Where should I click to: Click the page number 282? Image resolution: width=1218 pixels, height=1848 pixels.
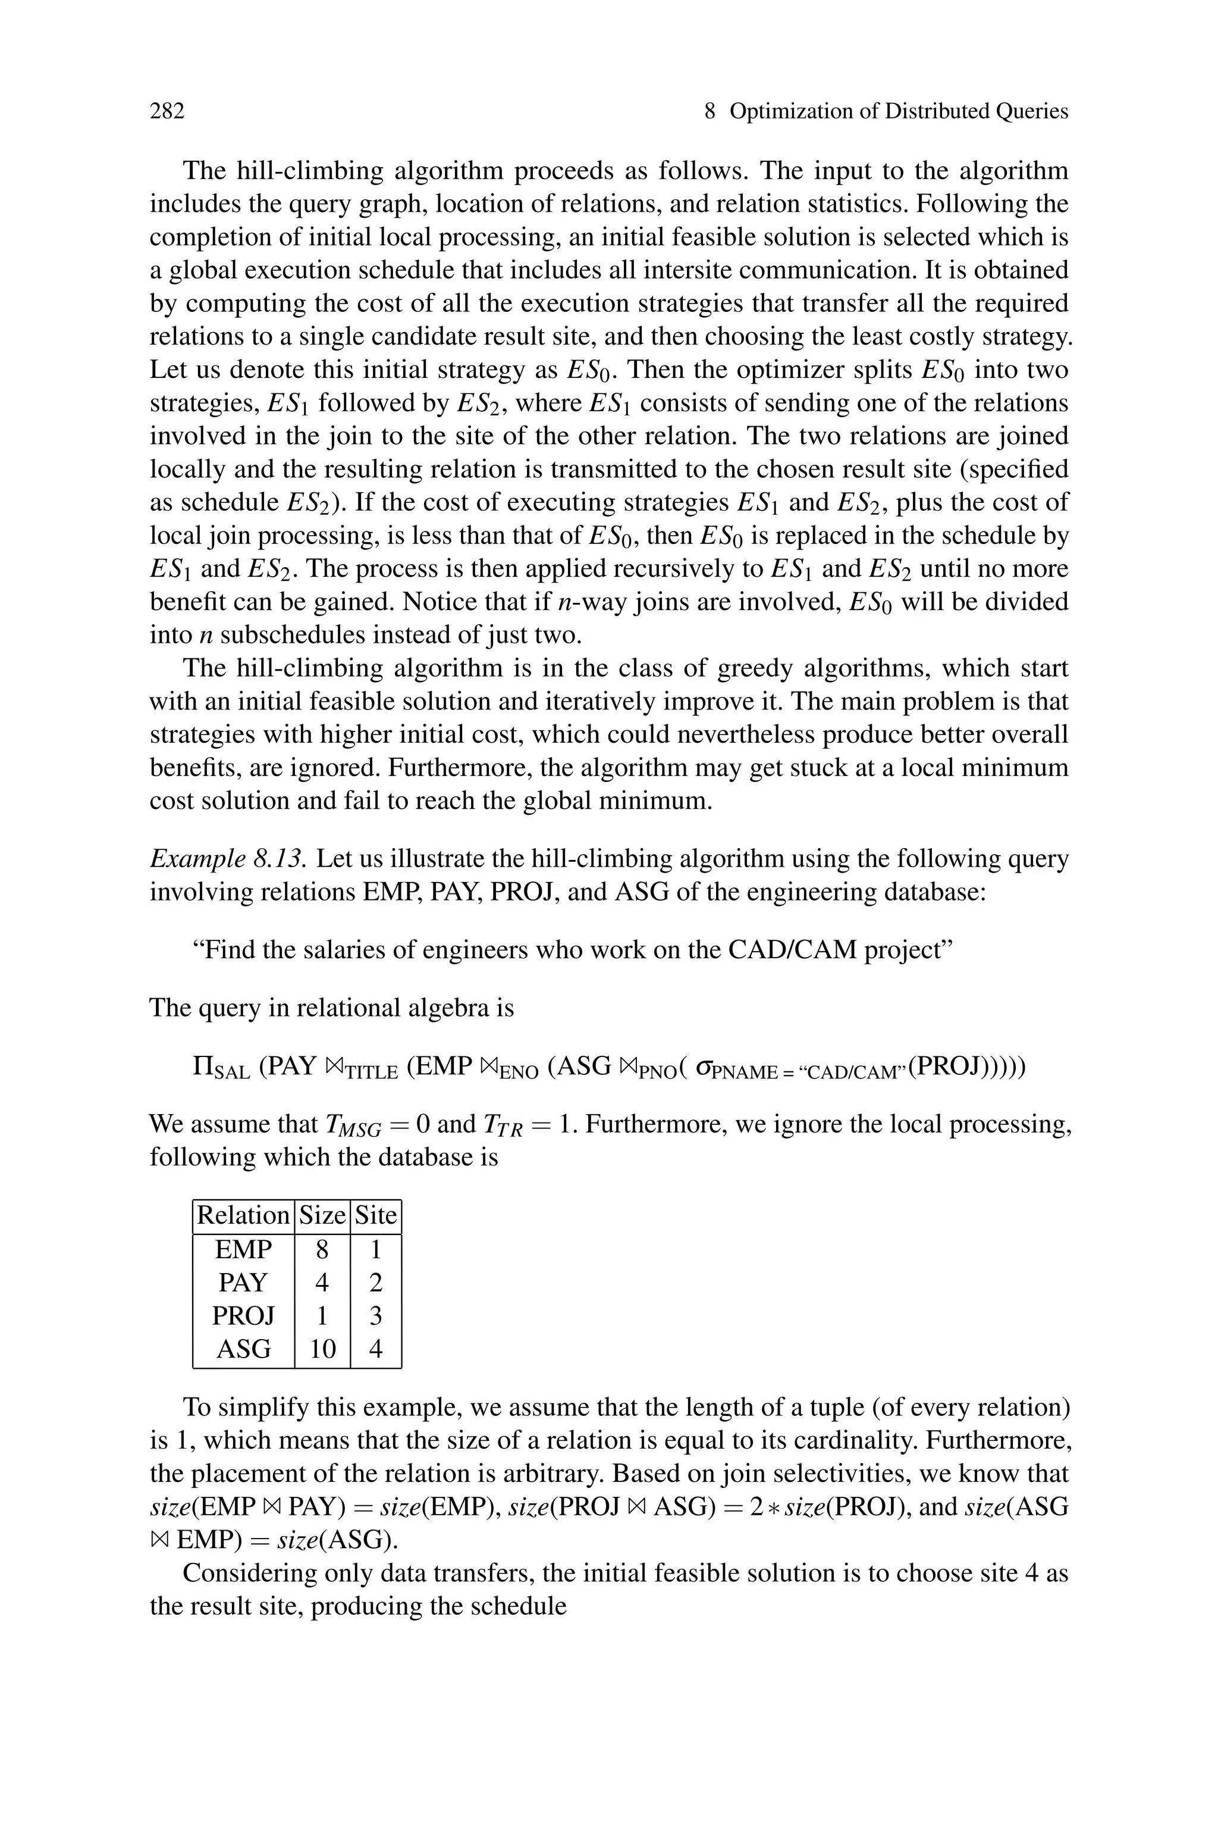coord(167,111)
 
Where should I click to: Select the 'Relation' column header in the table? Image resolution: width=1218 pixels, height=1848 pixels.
coord(243,1215)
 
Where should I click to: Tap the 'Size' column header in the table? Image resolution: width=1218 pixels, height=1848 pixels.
coord(322,1215)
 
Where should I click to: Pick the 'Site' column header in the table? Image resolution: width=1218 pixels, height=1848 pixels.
coord(376,1215)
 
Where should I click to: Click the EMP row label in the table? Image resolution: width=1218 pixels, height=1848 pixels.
coord(243,1250)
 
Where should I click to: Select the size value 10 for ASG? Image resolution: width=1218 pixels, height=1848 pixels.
coord(322,1348)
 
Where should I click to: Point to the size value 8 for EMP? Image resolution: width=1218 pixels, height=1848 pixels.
coord(322,1250)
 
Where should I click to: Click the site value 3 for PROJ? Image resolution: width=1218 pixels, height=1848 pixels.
coord(376,1316)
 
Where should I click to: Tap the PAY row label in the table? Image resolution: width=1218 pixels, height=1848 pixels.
coord(243,1282)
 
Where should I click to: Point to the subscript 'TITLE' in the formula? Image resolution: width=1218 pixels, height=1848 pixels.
coord(371,1073)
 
